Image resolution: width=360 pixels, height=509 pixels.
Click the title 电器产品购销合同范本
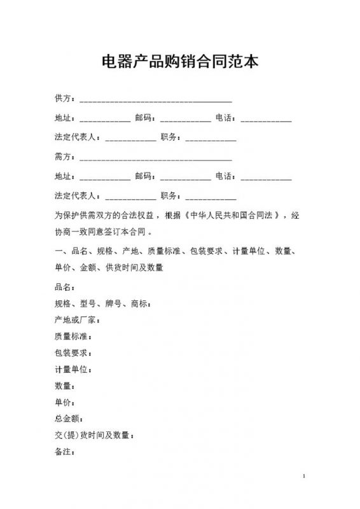(180, 62)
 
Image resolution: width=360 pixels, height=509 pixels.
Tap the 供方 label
(64, 99)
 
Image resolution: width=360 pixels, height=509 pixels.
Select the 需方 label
(64, 157)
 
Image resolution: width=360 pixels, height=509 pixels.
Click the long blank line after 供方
(155, 101)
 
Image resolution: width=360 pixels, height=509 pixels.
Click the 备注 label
(64, 452)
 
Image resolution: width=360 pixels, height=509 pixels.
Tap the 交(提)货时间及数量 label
(92, 435)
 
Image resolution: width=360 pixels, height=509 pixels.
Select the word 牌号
(114, 302)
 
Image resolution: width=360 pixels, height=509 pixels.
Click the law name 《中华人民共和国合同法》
(233, 215)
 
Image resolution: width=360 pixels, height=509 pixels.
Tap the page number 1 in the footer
(305, 477)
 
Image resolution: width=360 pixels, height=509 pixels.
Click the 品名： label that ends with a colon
(66, 286)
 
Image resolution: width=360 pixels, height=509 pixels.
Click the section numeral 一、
(60, 251)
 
